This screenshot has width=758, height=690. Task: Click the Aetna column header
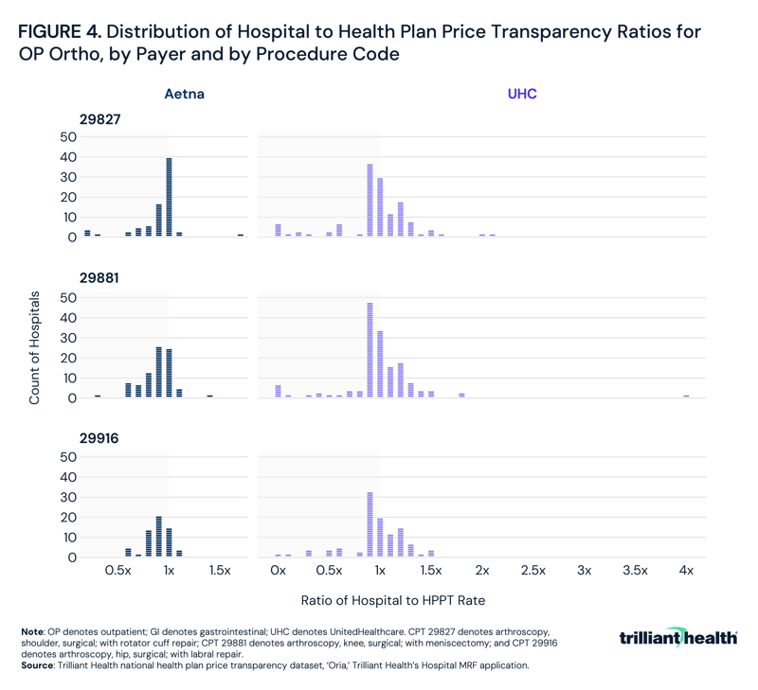click(184, 95)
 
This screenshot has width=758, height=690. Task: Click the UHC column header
click(522, 95)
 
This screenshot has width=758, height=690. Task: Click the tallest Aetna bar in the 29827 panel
click(169, 197)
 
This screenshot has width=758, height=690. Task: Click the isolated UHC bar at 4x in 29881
click(686, 396)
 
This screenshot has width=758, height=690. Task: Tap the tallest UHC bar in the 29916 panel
click(370, 524)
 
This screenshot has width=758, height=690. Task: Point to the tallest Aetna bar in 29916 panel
click(158, 537)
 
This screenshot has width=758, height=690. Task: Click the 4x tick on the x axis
click(686, 572)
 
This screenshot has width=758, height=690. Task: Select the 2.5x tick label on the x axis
click(532, 572)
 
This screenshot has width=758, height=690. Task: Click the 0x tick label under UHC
click(278, 572)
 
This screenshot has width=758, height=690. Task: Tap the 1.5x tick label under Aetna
click(220, 572)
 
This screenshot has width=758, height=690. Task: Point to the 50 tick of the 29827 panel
click(66, 136)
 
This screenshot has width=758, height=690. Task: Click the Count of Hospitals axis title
click(34, 347)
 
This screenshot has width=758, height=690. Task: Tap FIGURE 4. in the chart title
click(58, 32)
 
